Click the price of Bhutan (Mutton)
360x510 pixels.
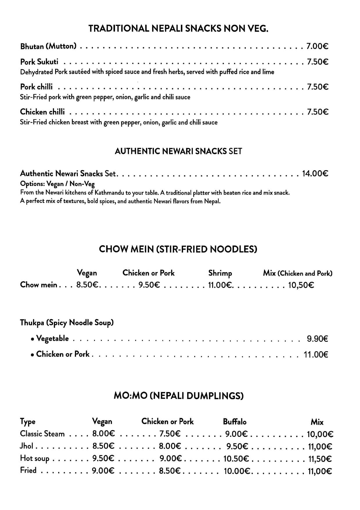tap(317, 46)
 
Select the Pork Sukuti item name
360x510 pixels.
tap(39, 62)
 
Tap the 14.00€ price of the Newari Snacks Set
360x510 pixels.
tap(315, 173)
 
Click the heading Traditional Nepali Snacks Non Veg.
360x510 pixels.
tap(178, 28)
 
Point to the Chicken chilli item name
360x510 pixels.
tap(42, 112)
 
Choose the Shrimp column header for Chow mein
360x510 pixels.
tap(220, 273)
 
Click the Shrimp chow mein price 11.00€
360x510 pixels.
tap(220, 285)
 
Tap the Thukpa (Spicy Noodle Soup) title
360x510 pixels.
tap(67, 323)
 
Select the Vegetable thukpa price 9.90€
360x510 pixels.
tap(317, 339)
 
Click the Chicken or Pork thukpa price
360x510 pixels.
tap(316, 355)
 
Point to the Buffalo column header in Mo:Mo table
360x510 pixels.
tap(235, 422)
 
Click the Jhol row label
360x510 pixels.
tap(26, 446)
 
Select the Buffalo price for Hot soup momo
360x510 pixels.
tap(236, 459)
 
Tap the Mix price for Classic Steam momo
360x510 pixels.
tap(320, 434)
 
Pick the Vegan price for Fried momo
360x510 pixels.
tap(103, 470)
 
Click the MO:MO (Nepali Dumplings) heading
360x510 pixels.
tap(179, 396)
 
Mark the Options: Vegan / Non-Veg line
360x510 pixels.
tap(57, 184)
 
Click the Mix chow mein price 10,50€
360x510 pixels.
tap(301, 285)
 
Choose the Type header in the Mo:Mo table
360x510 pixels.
tap(28, 422)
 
